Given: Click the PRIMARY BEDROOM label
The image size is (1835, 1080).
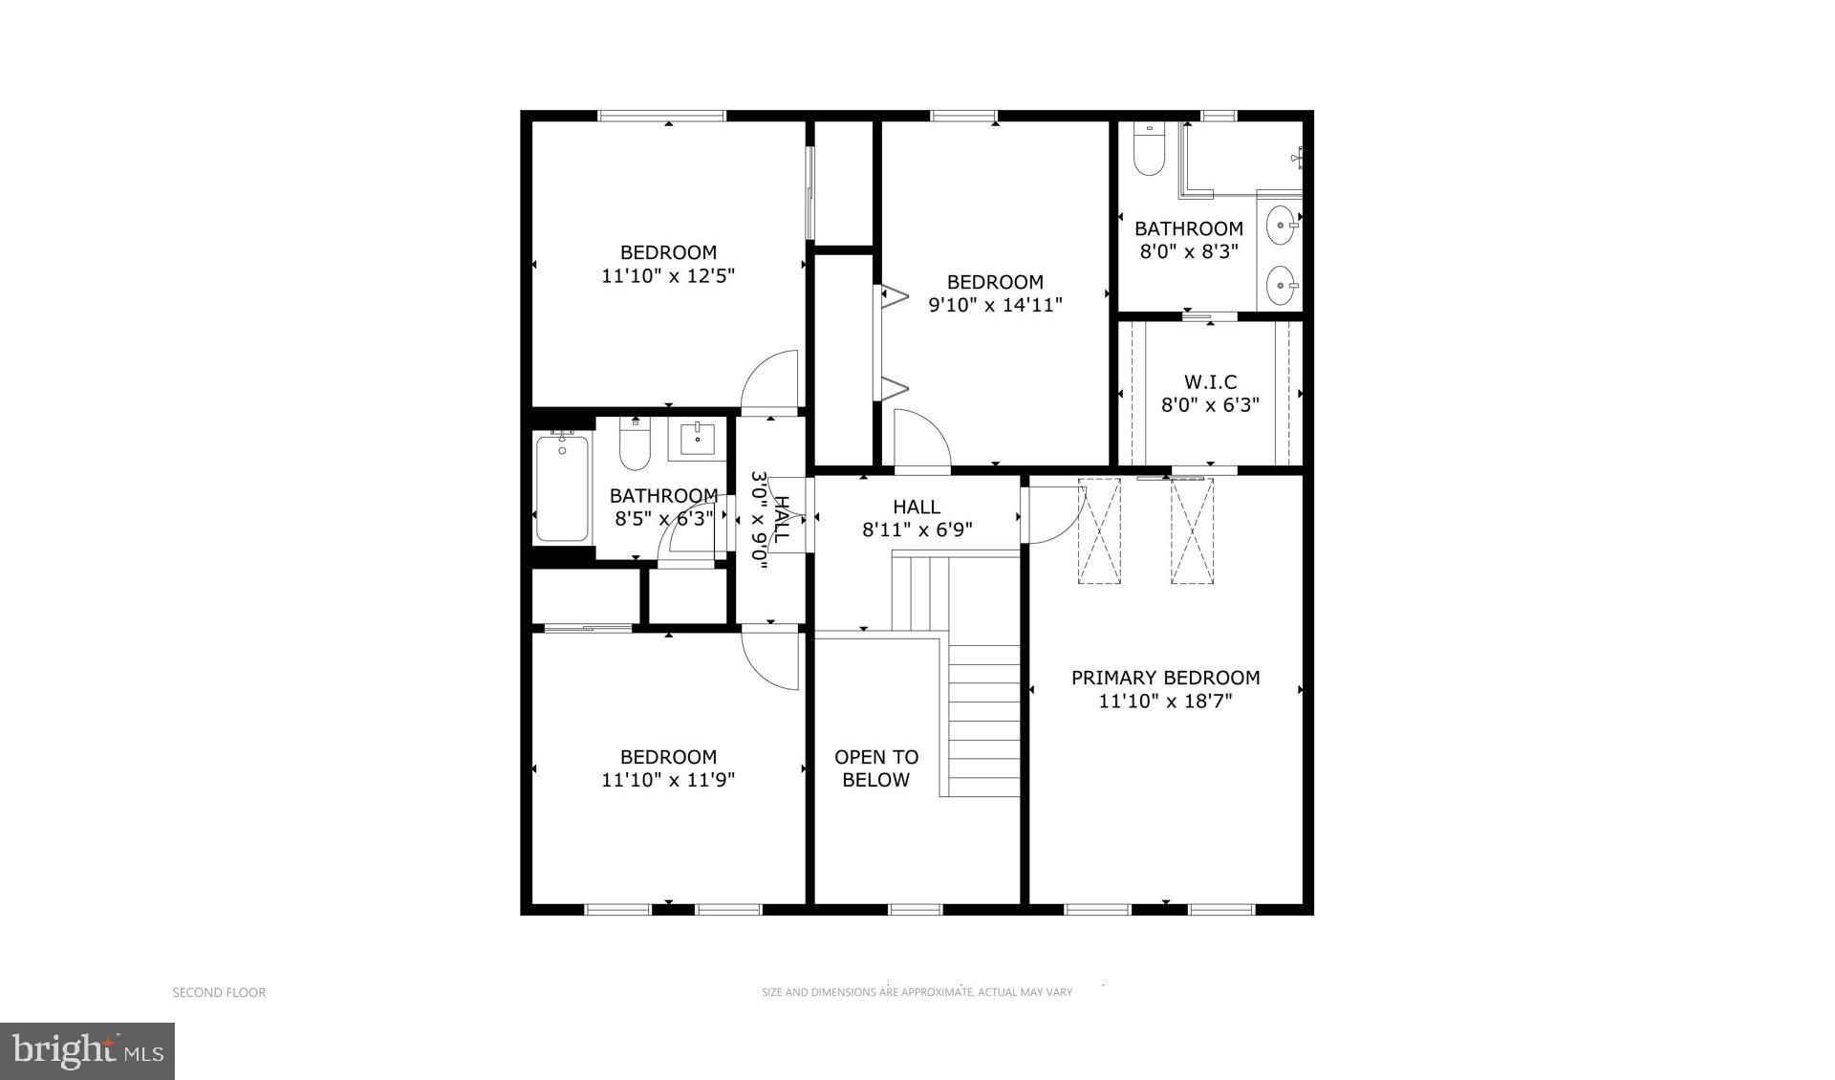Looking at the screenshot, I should click(x=1165, y=678).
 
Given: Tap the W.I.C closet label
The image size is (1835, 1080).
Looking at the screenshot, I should click(x=1210, y=381).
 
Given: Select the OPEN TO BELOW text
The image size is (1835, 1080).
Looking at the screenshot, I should click(x=876, y=768).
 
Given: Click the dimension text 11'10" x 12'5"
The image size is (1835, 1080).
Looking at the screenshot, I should click(x=668, y=276).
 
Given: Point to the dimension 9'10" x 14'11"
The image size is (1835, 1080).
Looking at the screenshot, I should click(x=995, y=305).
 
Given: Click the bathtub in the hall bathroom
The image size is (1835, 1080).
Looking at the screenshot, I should click(x=562, y=488).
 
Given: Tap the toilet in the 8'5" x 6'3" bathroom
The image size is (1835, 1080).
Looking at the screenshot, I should click(x=635, y=446).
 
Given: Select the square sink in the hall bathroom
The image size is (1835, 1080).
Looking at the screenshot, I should click(x=697, y=441).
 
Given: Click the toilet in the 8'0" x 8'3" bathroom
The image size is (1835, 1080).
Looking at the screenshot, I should click(x=1148, y=153).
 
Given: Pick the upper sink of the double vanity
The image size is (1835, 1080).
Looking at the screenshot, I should click(x=1281, y=227).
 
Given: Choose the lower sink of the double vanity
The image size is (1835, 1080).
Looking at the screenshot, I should click(x=1281, y=284).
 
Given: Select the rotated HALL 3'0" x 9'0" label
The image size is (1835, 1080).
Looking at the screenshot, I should click(x=770, y=520).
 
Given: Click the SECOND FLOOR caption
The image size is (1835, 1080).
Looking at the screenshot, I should click(x=219, y=993).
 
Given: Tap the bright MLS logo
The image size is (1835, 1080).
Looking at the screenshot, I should click(x=87, y=1051).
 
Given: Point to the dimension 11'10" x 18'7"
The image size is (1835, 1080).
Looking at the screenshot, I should click(x=1165, y=702).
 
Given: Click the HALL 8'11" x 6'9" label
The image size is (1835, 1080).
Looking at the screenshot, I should click(x=917, y=518).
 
